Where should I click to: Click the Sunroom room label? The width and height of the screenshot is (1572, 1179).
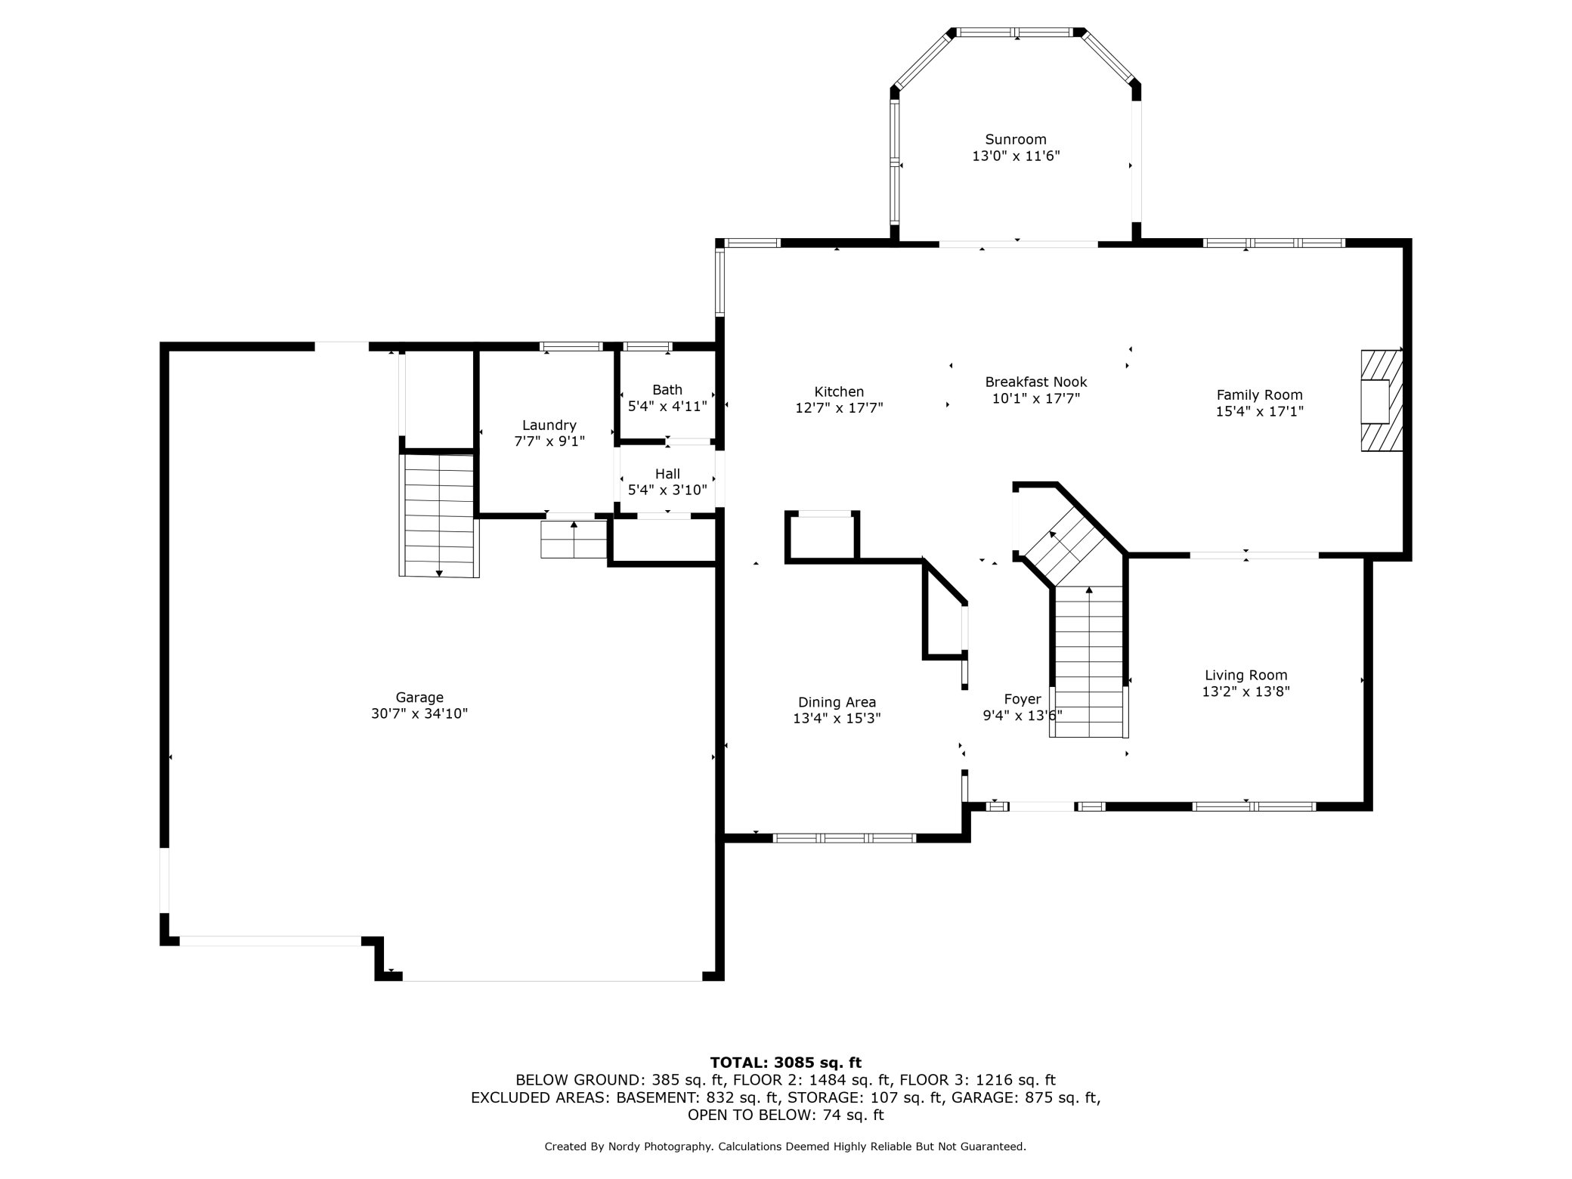pos(1015,140)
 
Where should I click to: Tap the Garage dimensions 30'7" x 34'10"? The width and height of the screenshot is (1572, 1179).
pos(419,713)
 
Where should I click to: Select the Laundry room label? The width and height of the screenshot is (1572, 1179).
pos(549,425)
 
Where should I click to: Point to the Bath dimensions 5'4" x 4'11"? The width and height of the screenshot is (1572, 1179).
pos(667,406)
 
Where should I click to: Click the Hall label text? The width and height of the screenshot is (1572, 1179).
pos(667,474)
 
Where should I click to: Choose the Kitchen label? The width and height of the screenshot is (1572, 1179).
pos(839,391)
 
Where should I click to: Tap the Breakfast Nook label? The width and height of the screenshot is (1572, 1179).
pos(1036,382)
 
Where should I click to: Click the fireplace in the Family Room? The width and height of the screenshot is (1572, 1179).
pos(1382,401)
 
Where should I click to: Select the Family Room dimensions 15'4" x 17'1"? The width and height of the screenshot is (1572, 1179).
pos(1260,411)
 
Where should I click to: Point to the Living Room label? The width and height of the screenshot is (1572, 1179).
pos(1246,675)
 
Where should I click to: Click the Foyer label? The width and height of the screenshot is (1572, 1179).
pos(1023,699)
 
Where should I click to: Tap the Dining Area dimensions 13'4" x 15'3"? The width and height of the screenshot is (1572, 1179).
pos(837,718)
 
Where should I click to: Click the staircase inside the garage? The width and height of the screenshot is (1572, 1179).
pos(439,515)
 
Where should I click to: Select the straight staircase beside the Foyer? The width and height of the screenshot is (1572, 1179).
pos(1089,661)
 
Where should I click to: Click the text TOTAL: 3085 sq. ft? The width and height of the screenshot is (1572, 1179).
pos(786,1063)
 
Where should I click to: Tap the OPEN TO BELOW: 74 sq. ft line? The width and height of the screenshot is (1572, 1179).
pos(785,1115)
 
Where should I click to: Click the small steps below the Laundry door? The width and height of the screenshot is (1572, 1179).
pos(574,539)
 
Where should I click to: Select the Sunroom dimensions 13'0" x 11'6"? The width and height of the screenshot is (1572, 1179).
pos(1016,156)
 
